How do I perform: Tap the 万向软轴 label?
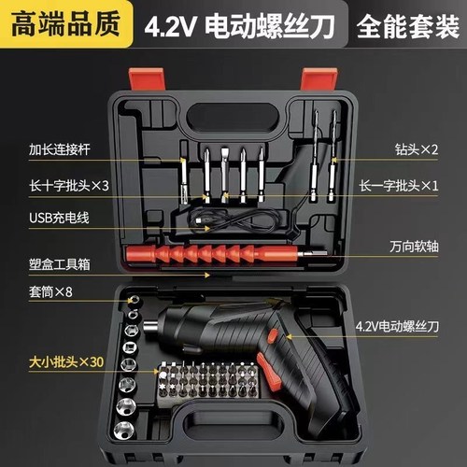coord(414,249)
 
